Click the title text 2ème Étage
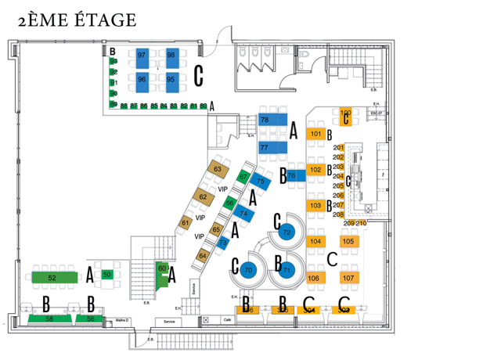[77, 20]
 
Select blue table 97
[142, 56]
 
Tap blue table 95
[171, 79]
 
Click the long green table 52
[53, 277]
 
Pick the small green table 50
[107, 274]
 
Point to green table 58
[49, 319]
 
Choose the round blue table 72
[287, 232]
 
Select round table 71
[287, 270]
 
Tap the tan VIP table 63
[218, 169]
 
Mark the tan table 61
[186, 223]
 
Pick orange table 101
[315, 134]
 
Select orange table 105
[348, 241]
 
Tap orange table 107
[348, 278]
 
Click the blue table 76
[292, 176]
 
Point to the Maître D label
[121, 320]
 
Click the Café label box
[228, 320]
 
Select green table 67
[243, 178]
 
